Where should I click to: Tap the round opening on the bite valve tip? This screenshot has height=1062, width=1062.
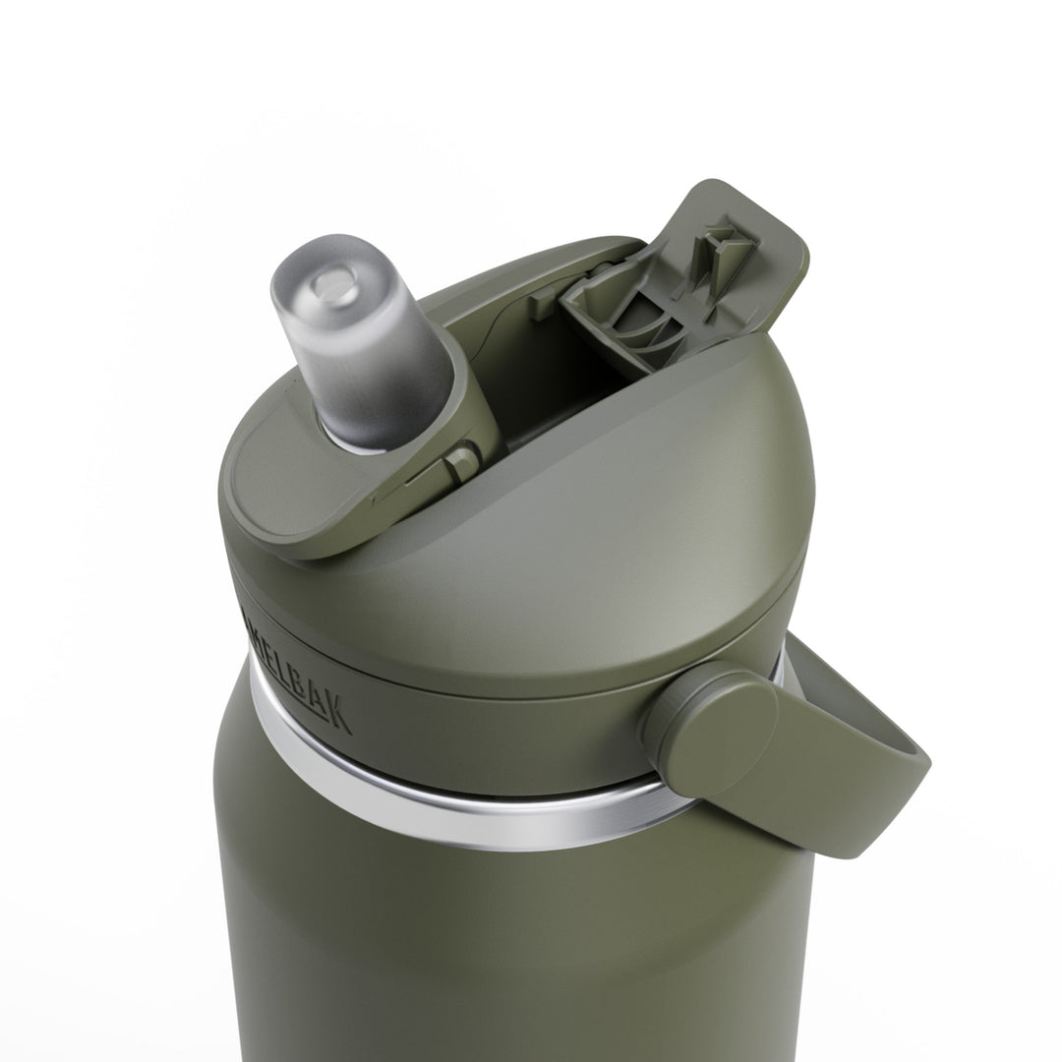[333, 285]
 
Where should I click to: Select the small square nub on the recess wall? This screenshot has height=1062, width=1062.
[544, 303]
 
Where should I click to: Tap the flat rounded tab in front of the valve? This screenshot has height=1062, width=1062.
[285, 492]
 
